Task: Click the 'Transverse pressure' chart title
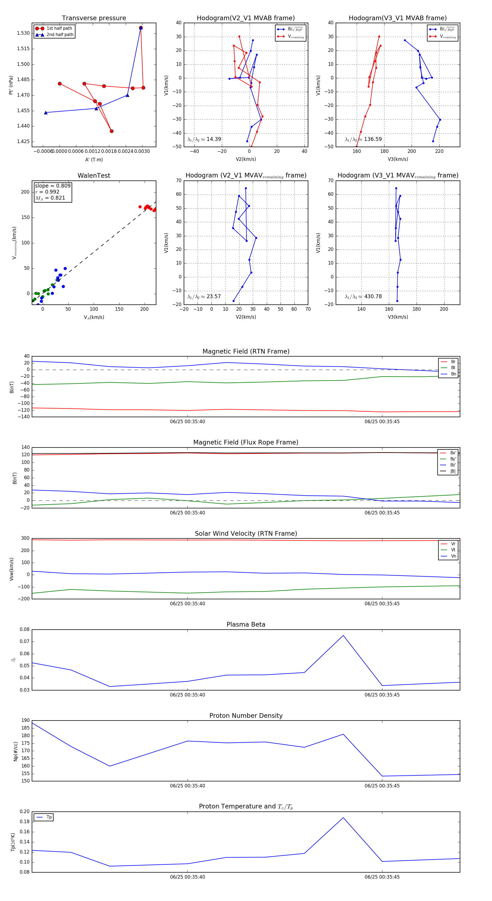(94, 18)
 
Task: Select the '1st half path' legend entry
(59, 28)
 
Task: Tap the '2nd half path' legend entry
(60, 35)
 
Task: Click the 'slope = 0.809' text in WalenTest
(52, 186)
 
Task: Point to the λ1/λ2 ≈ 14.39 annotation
(204, 139)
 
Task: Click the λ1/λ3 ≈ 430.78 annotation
(363, 297)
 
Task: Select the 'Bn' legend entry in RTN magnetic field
(453, 374)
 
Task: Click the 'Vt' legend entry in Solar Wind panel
(453, 550)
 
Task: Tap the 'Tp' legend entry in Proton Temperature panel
(49, 817)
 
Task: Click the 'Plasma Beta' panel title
(246, 624)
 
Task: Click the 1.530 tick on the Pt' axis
(24, 33)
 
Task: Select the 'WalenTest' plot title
(94, 176)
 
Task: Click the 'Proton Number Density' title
(246, 716)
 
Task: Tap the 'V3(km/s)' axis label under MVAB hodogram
(397, 159)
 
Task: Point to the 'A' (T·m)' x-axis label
(94, 159)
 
